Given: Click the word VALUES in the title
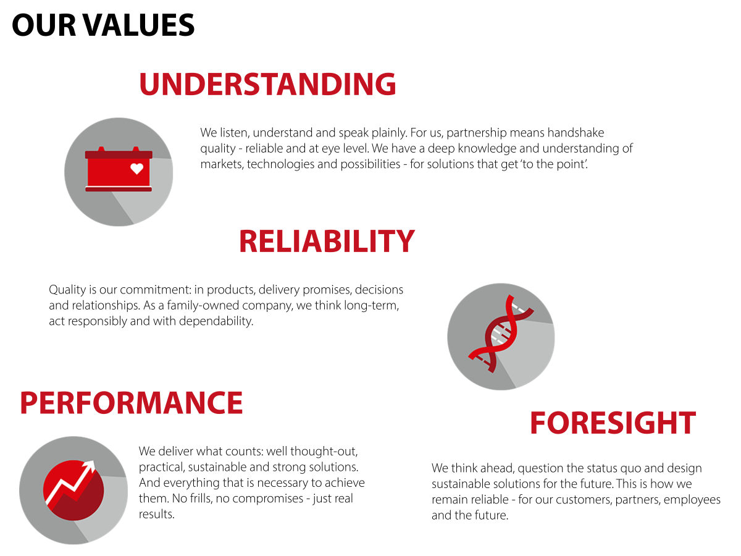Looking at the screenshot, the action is (139, 25).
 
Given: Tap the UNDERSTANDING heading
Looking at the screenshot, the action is (267, 84).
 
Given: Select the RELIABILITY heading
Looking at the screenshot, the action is (327, 241).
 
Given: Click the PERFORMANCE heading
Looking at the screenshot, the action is (132, 402).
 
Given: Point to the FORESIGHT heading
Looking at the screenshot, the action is (613, 423).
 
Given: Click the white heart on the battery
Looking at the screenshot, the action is (136, 169).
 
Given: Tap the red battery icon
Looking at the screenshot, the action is (119, 169).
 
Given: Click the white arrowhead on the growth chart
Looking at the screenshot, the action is (89, 466).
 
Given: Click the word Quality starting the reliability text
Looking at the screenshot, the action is (67, 290).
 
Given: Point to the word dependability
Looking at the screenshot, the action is (216, 321).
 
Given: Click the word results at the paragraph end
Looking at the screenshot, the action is (157, 514).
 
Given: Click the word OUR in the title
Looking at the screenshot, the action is (44, 25).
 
